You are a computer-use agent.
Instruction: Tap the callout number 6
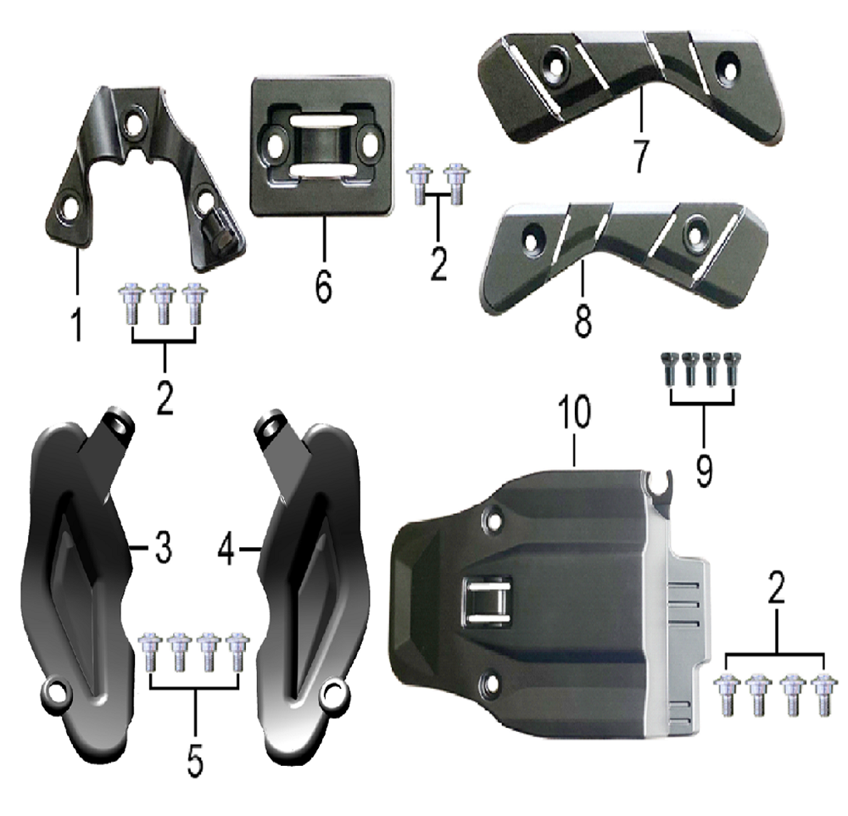coord(323,287)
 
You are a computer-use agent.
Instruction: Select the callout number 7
coord(641,156)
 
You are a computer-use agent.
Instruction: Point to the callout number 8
coord(583,319)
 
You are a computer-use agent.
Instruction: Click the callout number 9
coord(704,470)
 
